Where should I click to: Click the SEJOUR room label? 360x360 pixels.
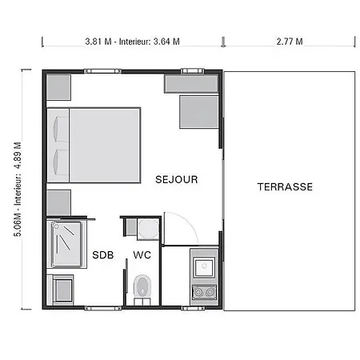coord(177,179)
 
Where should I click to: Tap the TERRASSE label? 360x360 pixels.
coord(285,186)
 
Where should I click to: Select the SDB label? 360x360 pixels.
coord(103,255)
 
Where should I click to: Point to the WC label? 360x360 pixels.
coord(142,255)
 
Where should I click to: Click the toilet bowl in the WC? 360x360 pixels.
coord(142,286)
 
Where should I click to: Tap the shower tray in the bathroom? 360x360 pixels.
coord(66,244)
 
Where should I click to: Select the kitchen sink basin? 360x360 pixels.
coord(204,266)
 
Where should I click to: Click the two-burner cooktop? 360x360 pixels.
coord(205,292)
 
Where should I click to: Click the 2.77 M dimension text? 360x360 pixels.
coord(290,42)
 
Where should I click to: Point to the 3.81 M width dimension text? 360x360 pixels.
coord(98,42)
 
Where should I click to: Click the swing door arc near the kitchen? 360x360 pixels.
coord(190,222)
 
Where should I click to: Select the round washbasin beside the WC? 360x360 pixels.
coord(148,229)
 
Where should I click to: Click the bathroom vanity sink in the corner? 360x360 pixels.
coord(63,290)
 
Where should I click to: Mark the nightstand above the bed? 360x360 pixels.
coord(58,87)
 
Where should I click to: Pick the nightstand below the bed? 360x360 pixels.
coord(58,202)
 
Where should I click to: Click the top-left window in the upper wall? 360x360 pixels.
coord(103,71)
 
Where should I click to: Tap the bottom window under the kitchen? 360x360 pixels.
coord(193,308)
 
